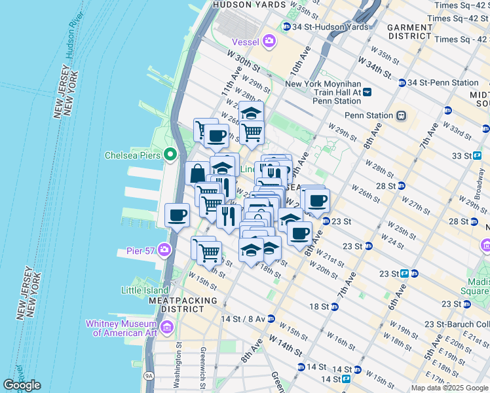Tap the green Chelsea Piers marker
pyautogui.click(x=170, y=155)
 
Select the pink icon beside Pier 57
pyautogui.click(x=164, y=250)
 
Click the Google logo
pyautogui.click(x=22, y=385)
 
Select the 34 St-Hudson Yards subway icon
pyautogui.click(x=286, y=27)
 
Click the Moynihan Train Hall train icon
pyautogui.click(x=367, y=92)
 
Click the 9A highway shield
pyautogui.click(x=149, y=376)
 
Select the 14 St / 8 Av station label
pyautogui.click(x=243, y=318)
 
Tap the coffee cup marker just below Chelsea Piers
pyautogui.click(x=177, y=215)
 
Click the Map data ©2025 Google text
pyautogui.click(x=449, y=387)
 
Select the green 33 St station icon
pyautogui.click(x=478, y=156)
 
